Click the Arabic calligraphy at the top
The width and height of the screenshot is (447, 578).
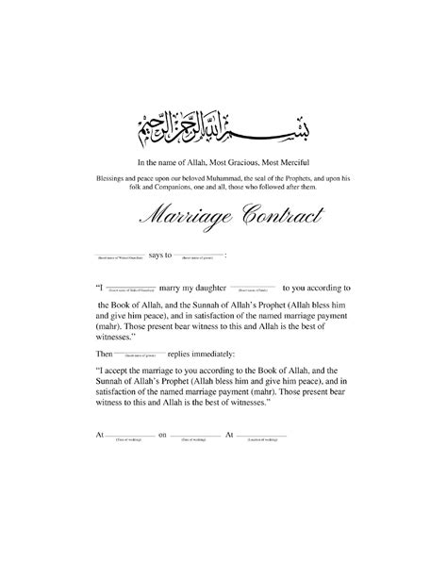pyautogui.click(x=223, y=121)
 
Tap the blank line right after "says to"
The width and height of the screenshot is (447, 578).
pyautogui.click(x=197, y=256)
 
